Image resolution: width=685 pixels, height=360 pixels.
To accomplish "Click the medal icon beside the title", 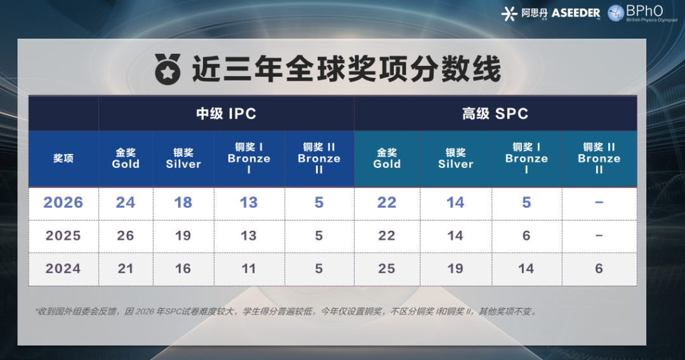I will point(168,68).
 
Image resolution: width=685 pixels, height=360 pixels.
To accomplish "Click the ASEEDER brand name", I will point(575,13).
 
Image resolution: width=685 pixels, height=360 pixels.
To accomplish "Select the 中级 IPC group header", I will point(226,114).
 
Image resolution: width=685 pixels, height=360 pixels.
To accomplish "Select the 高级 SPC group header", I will point(495,114).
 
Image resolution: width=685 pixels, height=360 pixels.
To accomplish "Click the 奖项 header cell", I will point(63,158).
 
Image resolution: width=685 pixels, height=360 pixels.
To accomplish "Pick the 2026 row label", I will point(63,203).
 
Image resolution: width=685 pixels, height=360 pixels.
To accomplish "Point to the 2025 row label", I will point(63,236).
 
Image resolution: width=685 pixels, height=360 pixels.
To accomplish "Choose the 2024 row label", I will point(63,269).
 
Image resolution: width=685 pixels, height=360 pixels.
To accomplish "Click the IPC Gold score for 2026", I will point(126,203).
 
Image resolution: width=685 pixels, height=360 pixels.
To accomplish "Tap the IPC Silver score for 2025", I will point(183,236).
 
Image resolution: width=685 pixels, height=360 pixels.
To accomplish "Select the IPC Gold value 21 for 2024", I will point(126,269).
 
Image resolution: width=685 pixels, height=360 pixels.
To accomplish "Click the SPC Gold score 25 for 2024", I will point(387,269).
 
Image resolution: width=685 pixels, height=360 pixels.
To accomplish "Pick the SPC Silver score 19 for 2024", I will point(455,269).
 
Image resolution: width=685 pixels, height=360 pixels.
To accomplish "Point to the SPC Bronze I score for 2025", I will point(526,236).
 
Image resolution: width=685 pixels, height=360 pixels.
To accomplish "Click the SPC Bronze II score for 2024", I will point(599,269).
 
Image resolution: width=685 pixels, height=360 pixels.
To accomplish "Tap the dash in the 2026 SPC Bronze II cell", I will point(599,203).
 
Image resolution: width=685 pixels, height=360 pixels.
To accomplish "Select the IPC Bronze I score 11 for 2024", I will point(249,269).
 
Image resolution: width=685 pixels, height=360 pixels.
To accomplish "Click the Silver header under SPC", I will point(455,158).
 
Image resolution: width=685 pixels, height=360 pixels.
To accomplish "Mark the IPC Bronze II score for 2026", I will point(319,203).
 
